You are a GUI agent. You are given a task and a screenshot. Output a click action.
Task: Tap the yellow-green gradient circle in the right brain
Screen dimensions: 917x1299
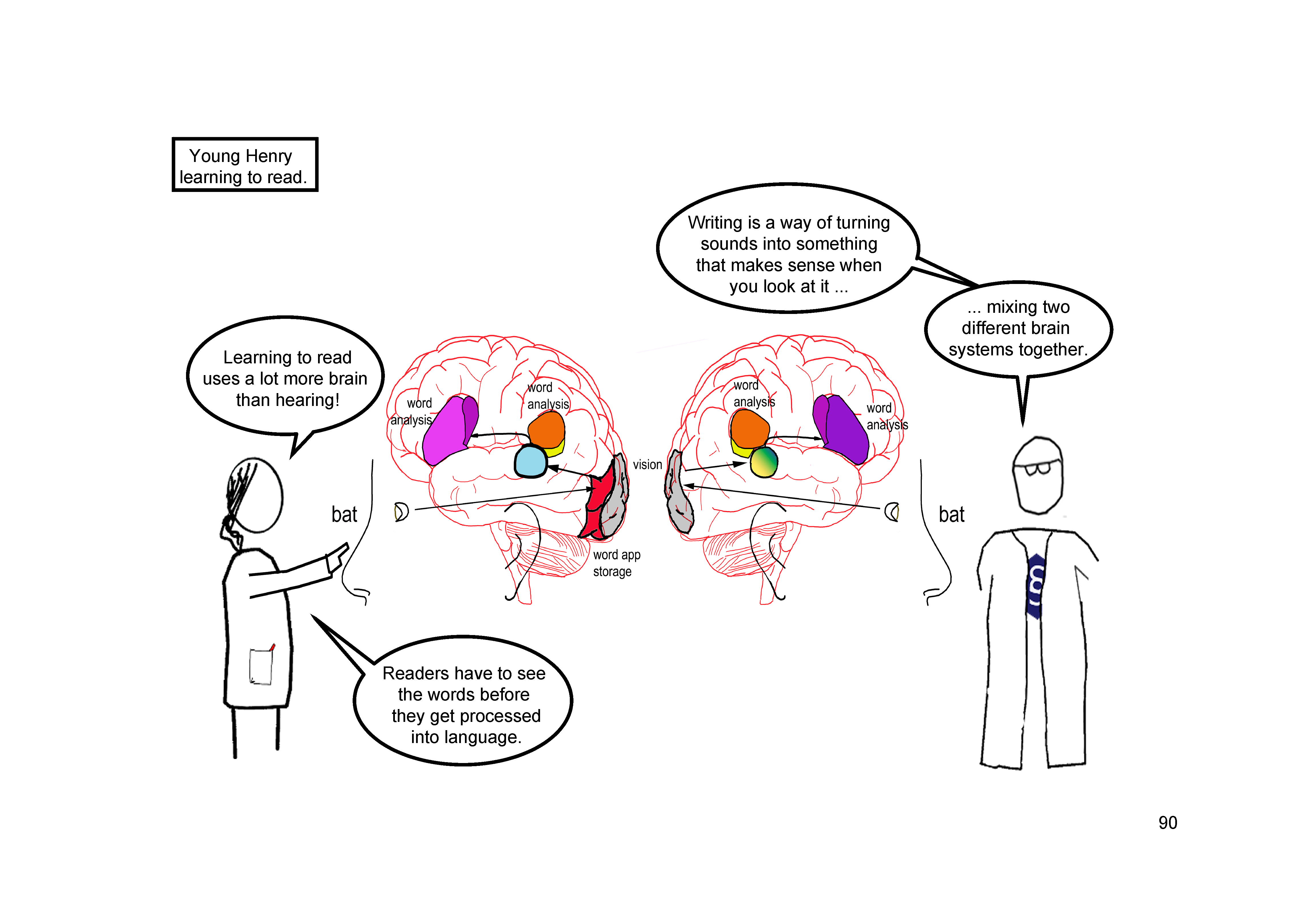coord(764,462)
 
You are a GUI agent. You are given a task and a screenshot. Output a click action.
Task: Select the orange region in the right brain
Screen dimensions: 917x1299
coord(748,428)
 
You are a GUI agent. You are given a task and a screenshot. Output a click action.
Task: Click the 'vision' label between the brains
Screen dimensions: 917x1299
coord(647,465)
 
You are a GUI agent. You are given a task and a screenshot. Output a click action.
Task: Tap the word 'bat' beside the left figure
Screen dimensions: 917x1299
coord(344,515)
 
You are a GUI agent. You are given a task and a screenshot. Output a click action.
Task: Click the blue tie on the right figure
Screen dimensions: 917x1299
coord(1035,586)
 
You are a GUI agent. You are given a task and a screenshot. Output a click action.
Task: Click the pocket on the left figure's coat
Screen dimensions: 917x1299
coord(261,666)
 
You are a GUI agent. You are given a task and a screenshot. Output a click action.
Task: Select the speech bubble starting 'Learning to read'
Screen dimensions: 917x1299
coord(286,378)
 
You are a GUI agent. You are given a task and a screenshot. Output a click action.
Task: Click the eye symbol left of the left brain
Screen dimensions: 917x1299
coord(401,512)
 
